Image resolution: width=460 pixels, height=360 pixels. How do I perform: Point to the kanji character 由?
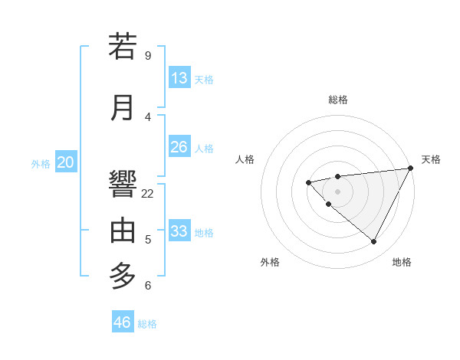pyautogui.click(x=123, y=230)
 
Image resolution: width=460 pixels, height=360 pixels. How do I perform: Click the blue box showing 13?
pyautogui.click(x=179, y=78)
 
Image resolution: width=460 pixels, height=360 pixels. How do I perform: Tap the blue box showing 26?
pyautogui.click(x=179, y=147)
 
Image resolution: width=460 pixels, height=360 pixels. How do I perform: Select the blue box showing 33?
pyautogui.click(x=179, y=231)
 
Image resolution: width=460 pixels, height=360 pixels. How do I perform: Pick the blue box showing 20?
pyautogui.click(x=66, y=162)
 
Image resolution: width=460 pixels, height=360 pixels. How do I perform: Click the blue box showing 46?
pyautogui.click(x=123, y=322)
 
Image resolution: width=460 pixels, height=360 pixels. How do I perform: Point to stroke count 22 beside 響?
pyautogui.click(x=148, y=194)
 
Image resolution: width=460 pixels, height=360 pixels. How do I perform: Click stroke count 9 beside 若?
pyautogui.click(x=148, y=55)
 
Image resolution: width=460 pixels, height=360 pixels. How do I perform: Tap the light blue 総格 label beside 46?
pyautogui.click(x=147, y=324)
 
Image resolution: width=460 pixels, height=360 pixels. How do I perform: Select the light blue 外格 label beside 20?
pyautogui.click(x=41, y=164)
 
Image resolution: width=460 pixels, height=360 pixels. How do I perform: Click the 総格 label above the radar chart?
pyautogui.click(x=338, y=100)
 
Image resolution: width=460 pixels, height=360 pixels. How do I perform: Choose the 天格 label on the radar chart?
pyautogui.click(x=431, y=159)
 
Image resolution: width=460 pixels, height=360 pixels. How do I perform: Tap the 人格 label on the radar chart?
pyautogui.click(x=245, y=159)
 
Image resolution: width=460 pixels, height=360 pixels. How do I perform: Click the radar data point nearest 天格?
pyautogui.click(x=411, y=168)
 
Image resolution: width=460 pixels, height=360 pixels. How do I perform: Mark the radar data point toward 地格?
pyautogui.click(x=374, y=241)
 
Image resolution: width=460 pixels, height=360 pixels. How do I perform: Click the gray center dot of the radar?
pyautogui.click(x=337, y=191)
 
